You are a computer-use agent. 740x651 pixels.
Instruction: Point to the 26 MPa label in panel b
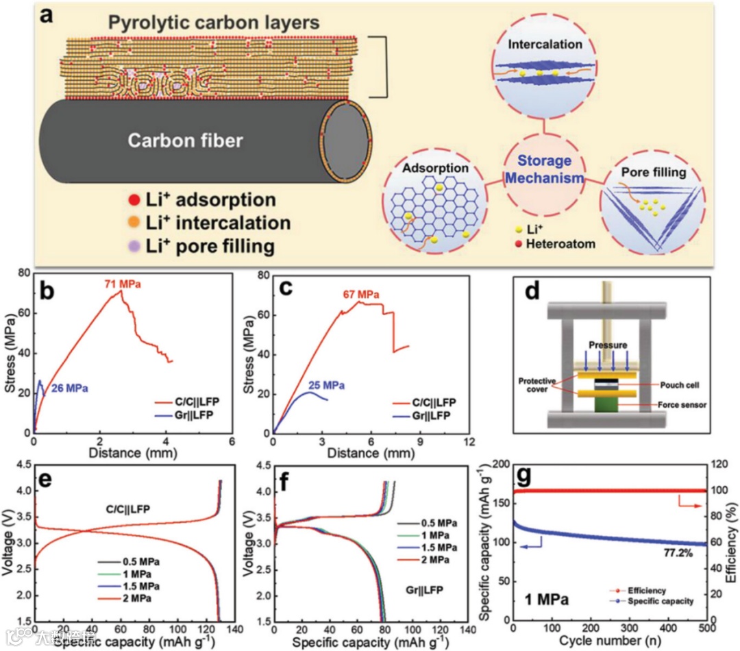69,389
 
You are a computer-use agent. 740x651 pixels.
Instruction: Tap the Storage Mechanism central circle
544,169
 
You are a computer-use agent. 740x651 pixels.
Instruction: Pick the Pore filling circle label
653,172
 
